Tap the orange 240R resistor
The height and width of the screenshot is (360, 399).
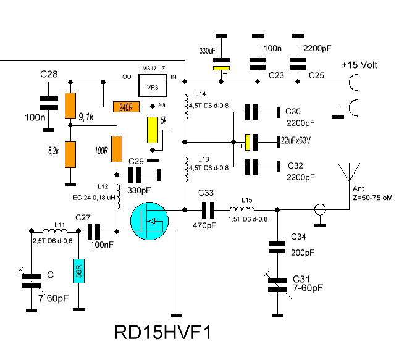[126, 106]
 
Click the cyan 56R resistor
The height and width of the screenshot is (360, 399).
[78, 270]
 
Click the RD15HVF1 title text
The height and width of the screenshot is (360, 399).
[163, 333]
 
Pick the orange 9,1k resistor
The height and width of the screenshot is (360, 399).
[72, 106]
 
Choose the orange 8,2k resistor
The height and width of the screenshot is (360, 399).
[72, 154]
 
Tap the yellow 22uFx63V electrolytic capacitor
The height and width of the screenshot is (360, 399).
[247, 143]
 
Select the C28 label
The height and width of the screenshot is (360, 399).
[49, 75]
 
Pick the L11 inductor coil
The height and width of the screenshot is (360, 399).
[58, 232]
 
